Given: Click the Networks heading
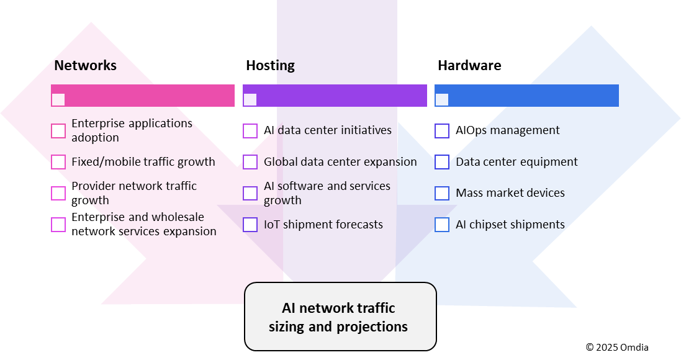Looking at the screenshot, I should click(x=85, y=65).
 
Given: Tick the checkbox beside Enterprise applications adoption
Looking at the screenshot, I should click(x=58, y=130).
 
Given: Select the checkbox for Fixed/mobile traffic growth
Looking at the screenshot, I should click(x=58, y=162).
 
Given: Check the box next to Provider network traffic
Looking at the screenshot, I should click(x=58, y=193).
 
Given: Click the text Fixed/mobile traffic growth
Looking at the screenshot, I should click(x=143, y=162).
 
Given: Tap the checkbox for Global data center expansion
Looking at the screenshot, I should click(x=250, y=162).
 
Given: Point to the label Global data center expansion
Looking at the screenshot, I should click(x=340, y=162).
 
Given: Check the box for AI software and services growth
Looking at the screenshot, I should click(x=250, y=193).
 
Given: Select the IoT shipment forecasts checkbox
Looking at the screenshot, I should click(x=250, y=225).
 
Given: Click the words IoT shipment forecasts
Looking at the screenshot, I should click(x=323, y=225).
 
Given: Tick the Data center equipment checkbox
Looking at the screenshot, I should click(x=442, y=162).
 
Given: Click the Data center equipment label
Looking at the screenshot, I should click(x=516, y=162).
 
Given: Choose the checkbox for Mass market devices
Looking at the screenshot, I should click(x=442, y=193).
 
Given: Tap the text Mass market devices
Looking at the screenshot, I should click(x=510, y=193).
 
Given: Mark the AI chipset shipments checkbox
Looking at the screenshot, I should click(x=442, y=225).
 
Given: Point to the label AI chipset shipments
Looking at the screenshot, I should click(x=510, y=225).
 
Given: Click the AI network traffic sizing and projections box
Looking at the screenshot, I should click(x=340, y=317).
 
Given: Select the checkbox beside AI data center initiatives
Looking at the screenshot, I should click(x=250, y=130).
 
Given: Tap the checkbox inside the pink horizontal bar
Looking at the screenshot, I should click(x=58, y=99).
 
